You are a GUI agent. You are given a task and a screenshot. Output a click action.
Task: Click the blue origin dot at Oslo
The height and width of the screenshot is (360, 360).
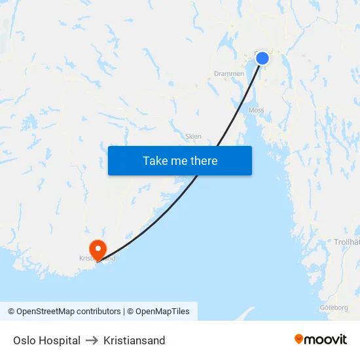pyautogui.click(x=262, y=58)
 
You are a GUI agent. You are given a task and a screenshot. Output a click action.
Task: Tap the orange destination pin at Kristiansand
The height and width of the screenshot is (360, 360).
pyautogui.click(x=98, y=249)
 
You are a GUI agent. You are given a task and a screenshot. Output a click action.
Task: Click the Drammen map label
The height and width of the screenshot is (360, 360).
pyautogui.click(x=228, y=74)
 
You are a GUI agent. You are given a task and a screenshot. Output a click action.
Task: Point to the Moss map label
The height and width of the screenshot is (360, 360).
pyautogui.click(x=256, y=111)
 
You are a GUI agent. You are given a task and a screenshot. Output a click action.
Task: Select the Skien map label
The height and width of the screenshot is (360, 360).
pyautogui.click(x=193, y=137)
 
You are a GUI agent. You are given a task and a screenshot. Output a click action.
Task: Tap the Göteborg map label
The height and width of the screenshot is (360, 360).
pyautogui.click(x=334, y=307)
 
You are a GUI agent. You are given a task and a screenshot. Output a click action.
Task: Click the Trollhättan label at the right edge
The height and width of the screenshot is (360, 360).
pyautogui.click(x=347, y=242)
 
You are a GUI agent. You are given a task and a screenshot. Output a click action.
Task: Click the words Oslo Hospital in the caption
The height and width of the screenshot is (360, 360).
pyautogui.click(x=46, y=340)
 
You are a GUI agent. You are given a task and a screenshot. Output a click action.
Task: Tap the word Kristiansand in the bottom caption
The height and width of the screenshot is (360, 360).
pyautogui.click(x=134, y=340)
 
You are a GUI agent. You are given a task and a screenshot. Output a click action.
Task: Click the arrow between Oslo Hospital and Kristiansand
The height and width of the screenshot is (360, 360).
pyautogui.click(x=92, y=340)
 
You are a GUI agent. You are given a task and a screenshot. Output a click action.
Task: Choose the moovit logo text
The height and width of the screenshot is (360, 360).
pyautogui.click(x=325, y=339)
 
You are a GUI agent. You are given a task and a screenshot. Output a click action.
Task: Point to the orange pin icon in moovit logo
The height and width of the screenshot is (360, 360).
pyautogui.click(x=299, y=339)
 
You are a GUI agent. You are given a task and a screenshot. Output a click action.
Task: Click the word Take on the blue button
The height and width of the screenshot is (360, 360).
pyautogui.click(x=155, y=161)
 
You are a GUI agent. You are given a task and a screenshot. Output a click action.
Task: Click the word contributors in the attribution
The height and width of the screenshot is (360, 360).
pyautogui.click(x=98, y=312)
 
